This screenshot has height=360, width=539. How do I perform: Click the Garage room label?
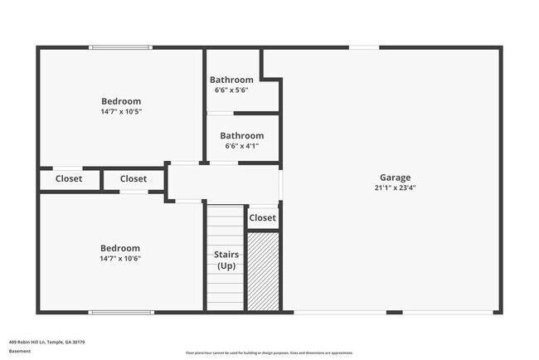(x=395, y=178)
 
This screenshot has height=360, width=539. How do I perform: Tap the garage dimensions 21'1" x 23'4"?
(x=395, y=187)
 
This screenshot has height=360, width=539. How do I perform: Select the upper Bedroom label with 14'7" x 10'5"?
(x=121, y=101)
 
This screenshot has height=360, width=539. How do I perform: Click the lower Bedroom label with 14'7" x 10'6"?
(x=120, y=248)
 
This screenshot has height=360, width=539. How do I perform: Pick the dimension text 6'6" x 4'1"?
(x=241, y=146)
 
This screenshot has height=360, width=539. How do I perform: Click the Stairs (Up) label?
(x=226, y=260)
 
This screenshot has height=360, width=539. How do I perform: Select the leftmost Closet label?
(x=69, y=178)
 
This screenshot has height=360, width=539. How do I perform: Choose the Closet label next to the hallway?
(x=134, y=178)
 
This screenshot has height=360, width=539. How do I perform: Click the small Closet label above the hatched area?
(x=262, y=218)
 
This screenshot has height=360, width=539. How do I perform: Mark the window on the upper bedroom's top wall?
(x=121, y=47)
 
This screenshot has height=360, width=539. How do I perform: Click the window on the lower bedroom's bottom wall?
(x=121, y=312)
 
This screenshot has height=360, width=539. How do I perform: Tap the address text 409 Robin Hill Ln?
(x=47, y=342)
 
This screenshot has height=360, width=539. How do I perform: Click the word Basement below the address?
(x=20, y=351)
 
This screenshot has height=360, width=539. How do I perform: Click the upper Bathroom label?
(x=231, y=80)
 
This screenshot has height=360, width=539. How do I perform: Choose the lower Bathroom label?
(x=241, y=136)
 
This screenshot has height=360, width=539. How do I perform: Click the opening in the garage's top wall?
(x=364, y=47)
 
